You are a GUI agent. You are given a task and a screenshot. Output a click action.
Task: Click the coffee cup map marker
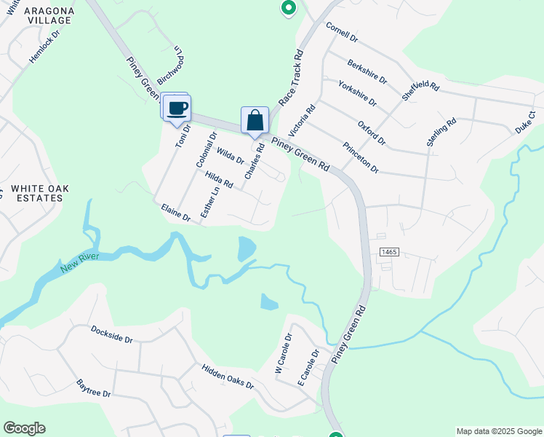click(x=177, y=109)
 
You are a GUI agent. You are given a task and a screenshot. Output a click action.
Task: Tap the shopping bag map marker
click(x=255, y=120)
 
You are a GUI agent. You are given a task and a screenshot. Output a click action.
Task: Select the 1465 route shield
click(x=389, y=251)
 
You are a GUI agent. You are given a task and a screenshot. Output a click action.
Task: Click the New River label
click(x=79, y=262)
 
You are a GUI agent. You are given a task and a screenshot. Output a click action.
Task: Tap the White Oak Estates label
click(x=40, y=193)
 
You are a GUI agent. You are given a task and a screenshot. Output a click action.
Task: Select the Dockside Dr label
click(x=112, y=334)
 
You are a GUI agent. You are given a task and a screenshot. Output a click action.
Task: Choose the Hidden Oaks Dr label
click(x=228, y=374)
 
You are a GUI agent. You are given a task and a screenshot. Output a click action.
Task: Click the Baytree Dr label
click(x=93, y=387)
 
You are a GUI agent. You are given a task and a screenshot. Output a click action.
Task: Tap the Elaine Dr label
click(x=175, y=212)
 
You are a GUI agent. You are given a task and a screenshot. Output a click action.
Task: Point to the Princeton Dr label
click(x=361, y=157)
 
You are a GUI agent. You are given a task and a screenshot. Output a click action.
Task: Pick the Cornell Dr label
click(x=342, y=32)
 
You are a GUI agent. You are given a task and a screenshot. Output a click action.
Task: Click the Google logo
click(x=24, y=428)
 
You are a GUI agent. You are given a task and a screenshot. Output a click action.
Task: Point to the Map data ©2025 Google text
click(x=498, y=431)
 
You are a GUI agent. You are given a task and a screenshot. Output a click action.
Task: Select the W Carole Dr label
click(x=283, y=355)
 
